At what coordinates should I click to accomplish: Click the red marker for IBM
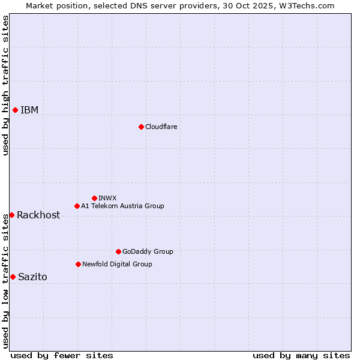[x=15, y=110]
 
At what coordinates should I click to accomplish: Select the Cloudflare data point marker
[x=141, y=127]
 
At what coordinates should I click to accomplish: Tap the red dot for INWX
[x=94, y=198]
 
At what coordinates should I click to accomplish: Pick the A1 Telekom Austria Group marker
[x=77, y=206]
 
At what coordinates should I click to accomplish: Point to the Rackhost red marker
[x=11, y=215]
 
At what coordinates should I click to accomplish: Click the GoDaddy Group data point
[x=118, y=251]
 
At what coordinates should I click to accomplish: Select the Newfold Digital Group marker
[x=78, y=264]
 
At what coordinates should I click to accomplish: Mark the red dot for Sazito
[x=13, y=277]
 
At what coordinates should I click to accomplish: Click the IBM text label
[x=29, y=110]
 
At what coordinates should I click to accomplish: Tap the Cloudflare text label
[x=161, y=127]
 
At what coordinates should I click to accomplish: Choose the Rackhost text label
[x=38, y=215]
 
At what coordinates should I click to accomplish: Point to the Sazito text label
[x=32, y=277]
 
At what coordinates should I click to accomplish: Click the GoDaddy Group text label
[x=148, y=251]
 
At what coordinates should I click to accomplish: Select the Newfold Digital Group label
[x=117, y=264]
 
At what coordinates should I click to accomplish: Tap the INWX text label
[x=107, y=198]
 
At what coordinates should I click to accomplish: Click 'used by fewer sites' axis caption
[x=62, y=355]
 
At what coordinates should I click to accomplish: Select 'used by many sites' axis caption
[x=301, y=355]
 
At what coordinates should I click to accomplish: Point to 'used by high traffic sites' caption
[x=5, y=85]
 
